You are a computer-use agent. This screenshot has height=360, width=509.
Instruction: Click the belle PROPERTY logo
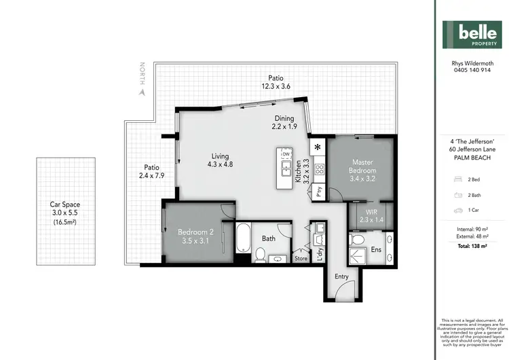point(472,35)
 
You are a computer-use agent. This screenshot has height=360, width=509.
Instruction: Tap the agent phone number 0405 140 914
point(472,70)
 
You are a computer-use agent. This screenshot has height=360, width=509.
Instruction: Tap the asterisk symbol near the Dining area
point(317,147)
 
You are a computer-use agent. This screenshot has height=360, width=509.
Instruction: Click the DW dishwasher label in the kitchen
point(286,155)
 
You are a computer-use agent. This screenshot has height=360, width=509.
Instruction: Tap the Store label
point(301,258)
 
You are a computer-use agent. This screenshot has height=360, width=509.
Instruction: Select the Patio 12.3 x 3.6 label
point(276,82)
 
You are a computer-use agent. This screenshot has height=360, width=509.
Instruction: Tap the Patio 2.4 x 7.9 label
point(151,172)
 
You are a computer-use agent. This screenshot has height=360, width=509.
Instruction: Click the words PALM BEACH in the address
point(472,158)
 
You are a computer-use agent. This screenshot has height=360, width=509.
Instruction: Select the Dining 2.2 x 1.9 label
point(285,122)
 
